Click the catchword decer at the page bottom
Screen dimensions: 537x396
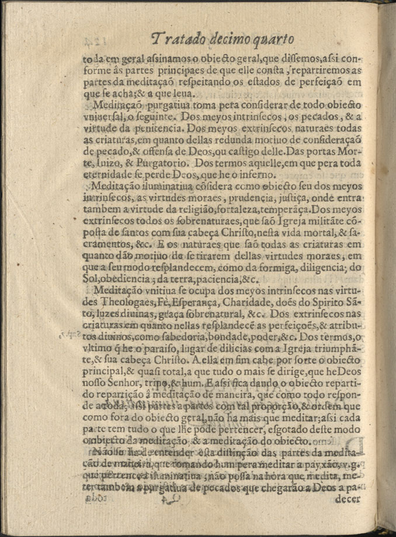pyautogui.click(x=349, y=499)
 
